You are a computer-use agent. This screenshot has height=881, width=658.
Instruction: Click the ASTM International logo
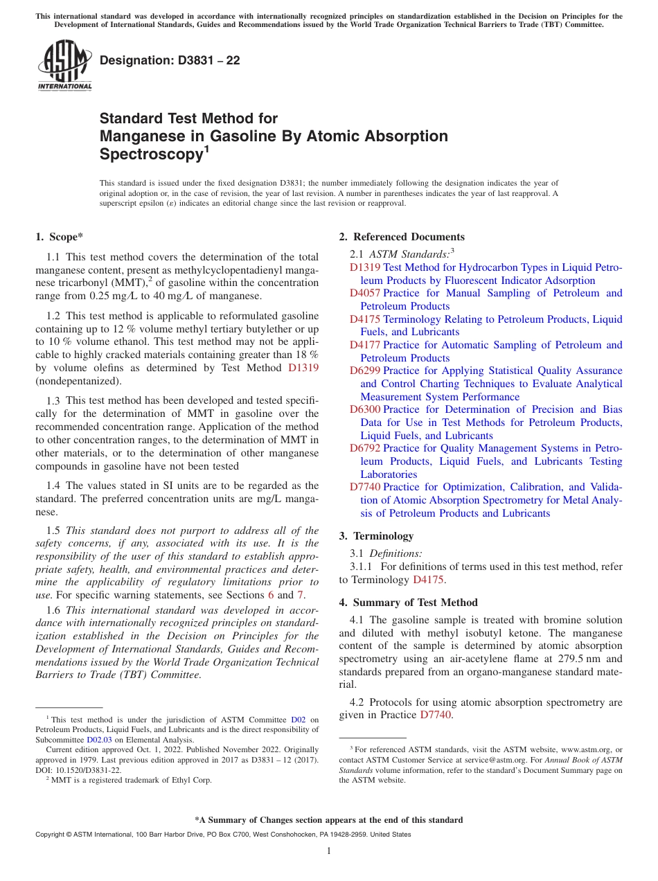point(64,66)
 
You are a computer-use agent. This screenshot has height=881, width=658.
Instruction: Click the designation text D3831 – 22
point(170,60)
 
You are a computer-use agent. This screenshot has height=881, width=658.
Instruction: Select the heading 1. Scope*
point(59,237)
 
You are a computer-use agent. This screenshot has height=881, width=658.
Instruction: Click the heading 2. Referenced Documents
point(402,237)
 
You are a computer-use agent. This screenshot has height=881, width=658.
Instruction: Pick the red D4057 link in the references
point(364,293)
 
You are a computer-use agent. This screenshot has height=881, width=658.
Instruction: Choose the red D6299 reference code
point(364,371)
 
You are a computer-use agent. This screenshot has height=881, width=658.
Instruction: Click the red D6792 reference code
point(364,448)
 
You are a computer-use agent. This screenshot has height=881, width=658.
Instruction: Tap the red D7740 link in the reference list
point(364,487)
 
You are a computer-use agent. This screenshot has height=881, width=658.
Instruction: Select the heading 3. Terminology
point(376,536)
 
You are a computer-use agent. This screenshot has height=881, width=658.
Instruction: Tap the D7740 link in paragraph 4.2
point(436,715)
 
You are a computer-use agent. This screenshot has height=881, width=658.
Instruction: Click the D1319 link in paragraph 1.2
point(303,368)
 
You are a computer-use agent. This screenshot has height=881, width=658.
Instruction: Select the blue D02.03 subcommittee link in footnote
point(99,739)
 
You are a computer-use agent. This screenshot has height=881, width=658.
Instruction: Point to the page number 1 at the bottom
point(328,851)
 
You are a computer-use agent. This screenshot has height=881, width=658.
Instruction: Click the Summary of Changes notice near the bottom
point(328,820)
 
